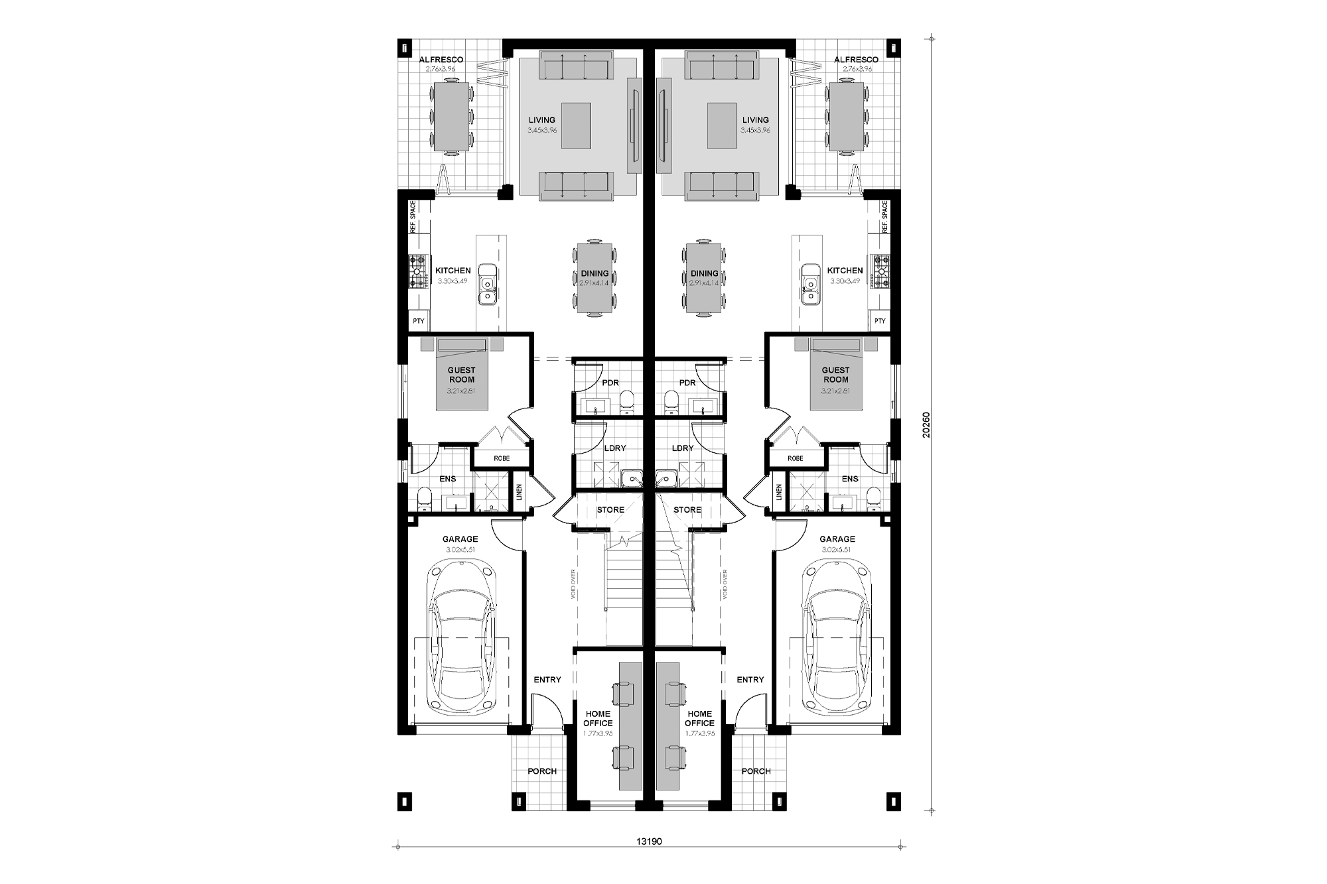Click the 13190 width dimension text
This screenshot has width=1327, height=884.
point(650,842)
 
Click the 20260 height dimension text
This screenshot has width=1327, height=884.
point(927,424)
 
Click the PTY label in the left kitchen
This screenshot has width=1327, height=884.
point(418,321)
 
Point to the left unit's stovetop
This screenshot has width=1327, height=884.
point(417,272)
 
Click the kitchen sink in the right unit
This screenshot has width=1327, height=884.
point(810,284)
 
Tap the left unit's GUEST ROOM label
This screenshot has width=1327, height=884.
point(462,375)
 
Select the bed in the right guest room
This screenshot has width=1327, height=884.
point(836,375)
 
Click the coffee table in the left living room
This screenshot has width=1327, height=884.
point(576,125)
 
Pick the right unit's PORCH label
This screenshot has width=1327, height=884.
point(756,771)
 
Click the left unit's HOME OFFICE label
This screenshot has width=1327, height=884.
point(598,719)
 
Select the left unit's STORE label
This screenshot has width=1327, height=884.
point(610,510)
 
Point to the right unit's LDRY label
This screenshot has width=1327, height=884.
point(682,448)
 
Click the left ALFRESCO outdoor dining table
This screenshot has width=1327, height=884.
point(452,117)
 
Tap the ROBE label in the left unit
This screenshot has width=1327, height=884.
point(502,458)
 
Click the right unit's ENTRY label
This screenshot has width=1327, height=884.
point(750,680)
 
